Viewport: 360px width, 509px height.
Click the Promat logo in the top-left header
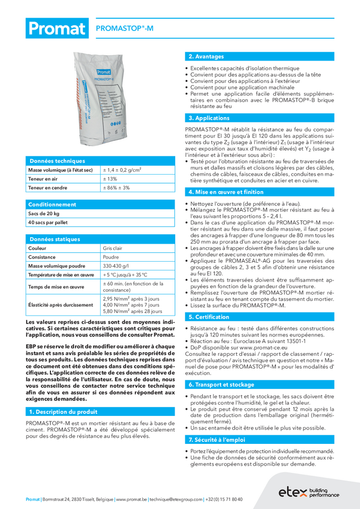pos(57,29)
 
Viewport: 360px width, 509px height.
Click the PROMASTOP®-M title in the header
pos(124,29)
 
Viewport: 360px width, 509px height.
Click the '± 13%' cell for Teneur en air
pos(110,179)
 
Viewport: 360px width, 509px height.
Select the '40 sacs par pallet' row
pos(48,222)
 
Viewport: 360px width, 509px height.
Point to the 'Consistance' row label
pos(42,257)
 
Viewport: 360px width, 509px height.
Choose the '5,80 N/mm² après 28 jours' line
pos(132,311)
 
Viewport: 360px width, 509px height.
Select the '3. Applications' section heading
pos(209,118)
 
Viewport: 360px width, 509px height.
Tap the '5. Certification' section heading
pos(209,317)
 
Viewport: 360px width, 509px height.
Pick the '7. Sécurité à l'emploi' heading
pos(217,439)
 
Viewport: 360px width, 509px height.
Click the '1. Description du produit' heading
pos(63,411)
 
